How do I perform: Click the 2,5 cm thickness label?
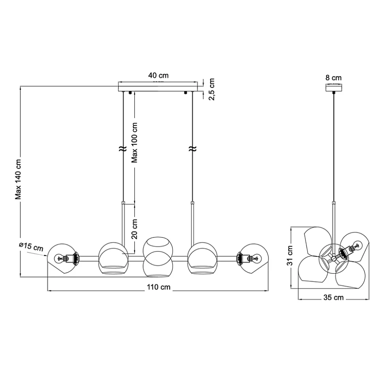coord(212,89)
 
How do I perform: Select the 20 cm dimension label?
coord(135,229)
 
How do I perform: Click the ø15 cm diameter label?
coord(31,247)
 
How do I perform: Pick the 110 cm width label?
coord(159,287)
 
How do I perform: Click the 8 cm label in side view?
coord(334,78)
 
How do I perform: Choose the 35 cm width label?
coord(333,298)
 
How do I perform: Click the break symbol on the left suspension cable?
coord(123,149)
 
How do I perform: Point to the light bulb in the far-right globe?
coord(256,259)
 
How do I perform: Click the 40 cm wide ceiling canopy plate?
coord(158,87)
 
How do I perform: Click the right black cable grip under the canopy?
coord(185,93)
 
